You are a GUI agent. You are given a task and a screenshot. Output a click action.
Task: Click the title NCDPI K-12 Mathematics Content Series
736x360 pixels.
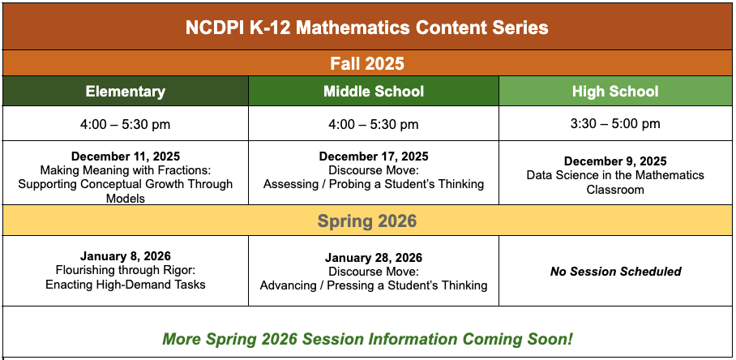coord(367,28)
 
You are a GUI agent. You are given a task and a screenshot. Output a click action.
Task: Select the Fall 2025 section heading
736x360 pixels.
coord(367,63)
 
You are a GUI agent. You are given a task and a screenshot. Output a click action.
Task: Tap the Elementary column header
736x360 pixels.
coord(126,92)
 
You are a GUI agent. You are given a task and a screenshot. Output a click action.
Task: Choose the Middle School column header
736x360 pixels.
coord(374,92)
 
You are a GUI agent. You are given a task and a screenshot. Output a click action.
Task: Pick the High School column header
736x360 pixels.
coord(615,92)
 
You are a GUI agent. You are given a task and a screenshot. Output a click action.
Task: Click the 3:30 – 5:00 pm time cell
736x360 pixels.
coord(615,124)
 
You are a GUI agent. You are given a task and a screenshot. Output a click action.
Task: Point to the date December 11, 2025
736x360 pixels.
coord(126,156)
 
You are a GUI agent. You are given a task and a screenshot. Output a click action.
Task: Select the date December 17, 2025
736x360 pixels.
coord(374,156)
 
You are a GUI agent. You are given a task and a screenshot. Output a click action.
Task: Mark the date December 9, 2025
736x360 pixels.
coord(615,161)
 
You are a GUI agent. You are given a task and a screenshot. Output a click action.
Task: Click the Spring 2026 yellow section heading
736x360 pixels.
coord(367,221)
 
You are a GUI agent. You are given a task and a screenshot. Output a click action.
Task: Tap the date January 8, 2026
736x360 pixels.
coord(126,256)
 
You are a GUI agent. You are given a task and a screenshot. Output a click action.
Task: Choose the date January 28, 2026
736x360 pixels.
coord(374,258)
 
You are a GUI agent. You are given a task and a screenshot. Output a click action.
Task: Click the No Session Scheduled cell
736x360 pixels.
coord(615,272)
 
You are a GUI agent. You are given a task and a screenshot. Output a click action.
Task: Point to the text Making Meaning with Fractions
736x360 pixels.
coord(126,170)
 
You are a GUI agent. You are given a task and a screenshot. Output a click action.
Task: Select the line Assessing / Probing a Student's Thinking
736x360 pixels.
coord(374,184)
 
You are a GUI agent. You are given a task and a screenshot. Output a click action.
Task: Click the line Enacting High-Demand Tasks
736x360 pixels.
coord(126,284)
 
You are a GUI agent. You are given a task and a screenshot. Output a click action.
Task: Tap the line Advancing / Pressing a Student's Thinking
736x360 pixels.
coord(374,285)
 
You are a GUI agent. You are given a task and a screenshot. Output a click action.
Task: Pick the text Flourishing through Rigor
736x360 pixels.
coord(126,270)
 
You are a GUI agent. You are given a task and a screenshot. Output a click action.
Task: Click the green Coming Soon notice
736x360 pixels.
coord(367,339)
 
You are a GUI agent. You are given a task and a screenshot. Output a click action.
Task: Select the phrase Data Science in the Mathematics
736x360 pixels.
coord(615,175)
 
